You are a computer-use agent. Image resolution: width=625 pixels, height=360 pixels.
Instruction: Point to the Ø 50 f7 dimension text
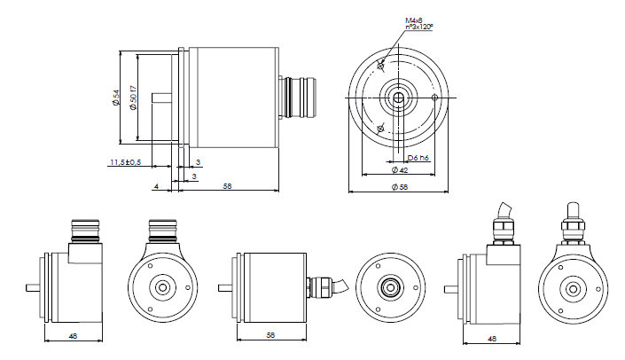pos(134,98)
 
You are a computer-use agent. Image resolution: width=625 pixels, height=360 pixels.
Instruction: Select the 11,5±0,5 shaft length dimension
pos(126,163)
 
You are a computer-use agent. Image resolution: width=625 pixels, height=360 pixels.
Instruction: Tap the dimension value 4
pos(156,186)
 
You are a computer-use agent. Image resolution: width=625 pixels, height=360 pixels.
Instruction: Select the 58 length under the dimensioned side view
pos(228,186)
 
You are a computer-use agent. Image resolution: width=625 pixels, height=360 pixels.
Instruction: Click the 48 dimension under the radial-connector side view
pos(72,336)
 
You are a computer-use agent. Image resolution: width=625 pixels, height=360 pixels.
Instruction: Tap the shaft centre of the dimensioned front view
pos(398,97)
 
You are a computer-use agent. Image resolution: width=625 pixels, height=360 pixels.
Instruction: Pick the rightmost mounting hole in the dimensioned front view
pos(434,97)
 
